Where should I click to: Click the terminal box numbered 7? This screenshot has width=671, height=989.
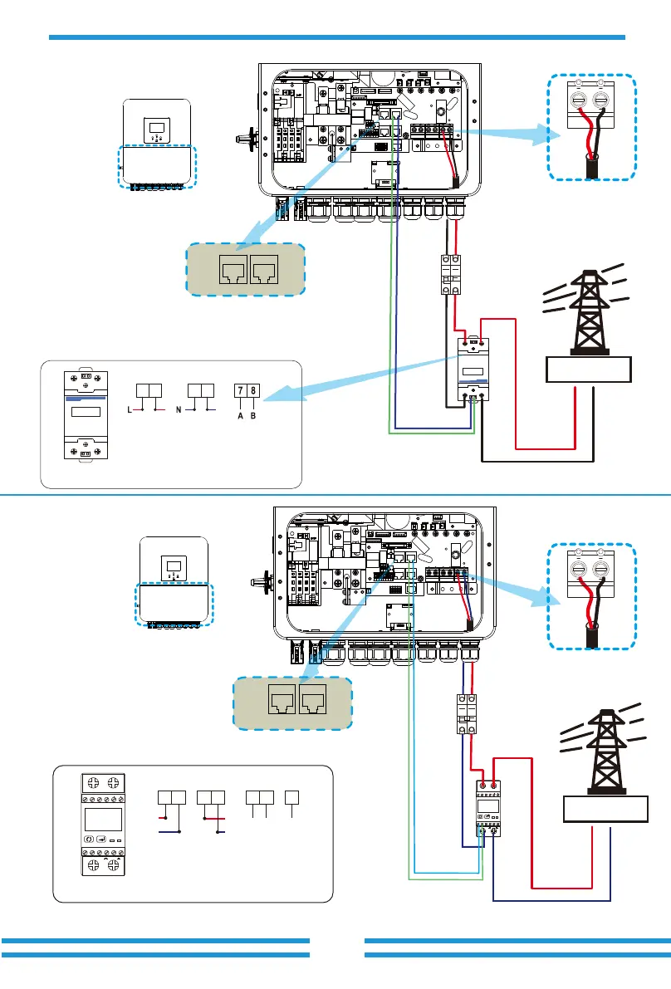tap(241, 390)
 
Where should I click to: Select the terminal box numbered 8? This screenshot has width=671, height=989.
tap(252, 390)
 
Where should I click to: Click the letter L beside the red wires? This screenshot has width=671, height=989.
tap(129, 410)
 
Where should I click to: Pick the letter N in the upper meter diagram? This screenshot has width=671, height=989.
tap(179, 410)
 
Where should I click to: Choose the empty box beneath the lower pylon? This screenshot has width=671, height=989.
tap(605, 807)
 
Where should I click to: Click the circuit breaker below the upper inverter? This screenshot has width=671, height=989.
tap(449, 274)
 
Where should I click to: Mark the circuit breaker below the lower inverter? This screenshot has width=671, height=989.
tap(465, 713)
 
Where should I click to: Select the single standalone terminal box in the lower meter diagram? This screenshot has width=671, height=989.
tap(292, 799)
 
